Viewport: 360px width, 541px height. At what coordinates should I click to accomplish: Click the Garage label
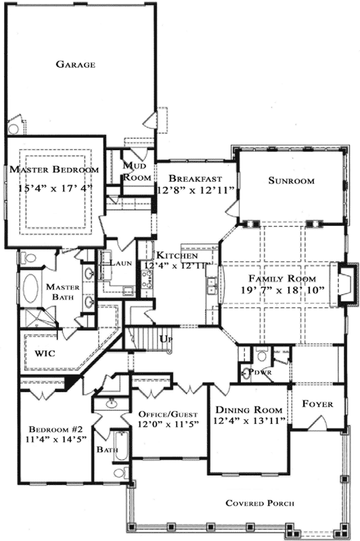(75, 65)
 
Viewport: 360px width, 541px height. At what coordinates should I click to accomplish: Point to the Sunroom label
(291, 181)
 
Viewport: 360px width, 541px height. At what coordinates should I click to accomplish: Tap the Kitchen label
(177, 256)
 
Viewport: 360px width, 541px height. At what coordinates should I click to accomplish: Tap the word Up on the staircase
(164, 338)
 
